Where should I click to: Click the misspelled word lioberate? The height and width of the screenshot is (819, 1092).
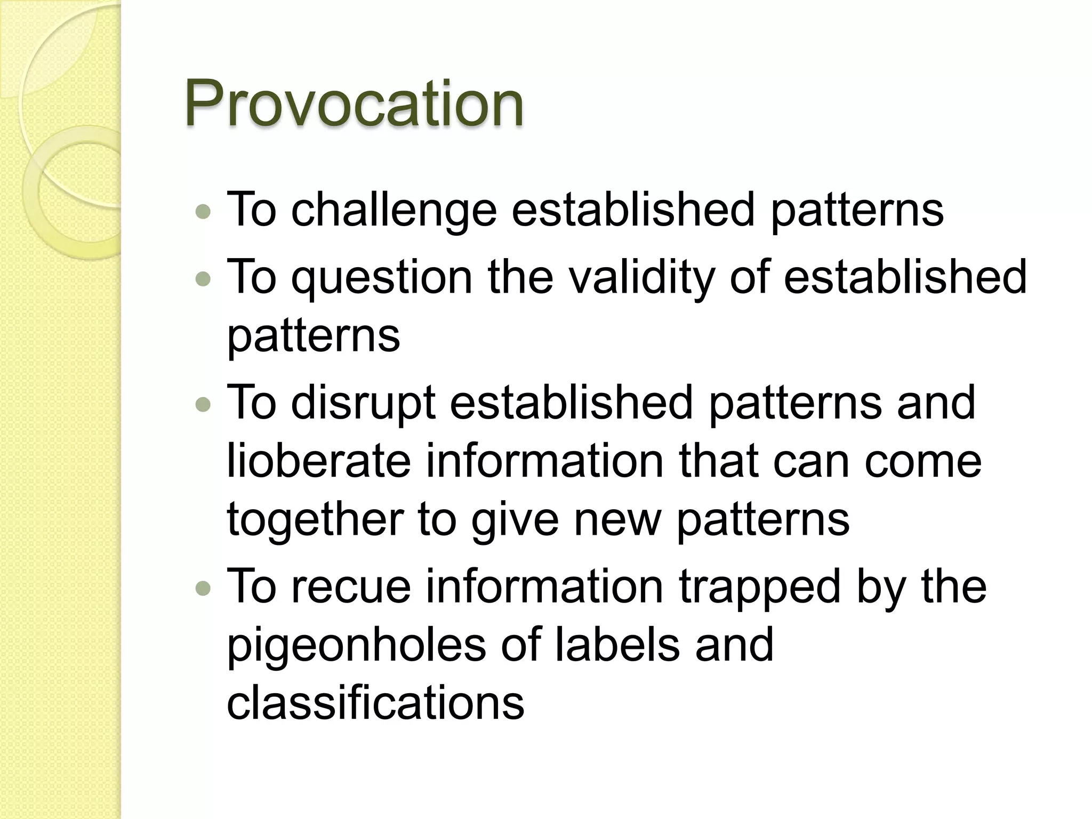[x=318, y=461]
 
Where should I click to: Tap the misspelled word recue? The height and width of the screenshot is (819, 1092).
[x=351, y=587]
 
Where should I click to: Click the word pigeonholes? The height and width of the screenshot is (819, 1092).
[x=356, y=646]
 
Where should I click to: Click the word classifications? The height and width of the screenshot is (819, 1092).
[x=375, y=703]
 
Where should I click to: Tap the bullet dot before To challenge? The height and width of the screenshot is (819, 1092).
[x=203, y=212]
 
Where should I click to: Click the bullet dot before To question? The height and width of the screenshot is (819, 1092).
[x=203, y=278]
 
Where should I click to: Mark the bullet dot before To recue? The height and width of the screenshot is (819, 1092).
[x=203, y=588]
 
